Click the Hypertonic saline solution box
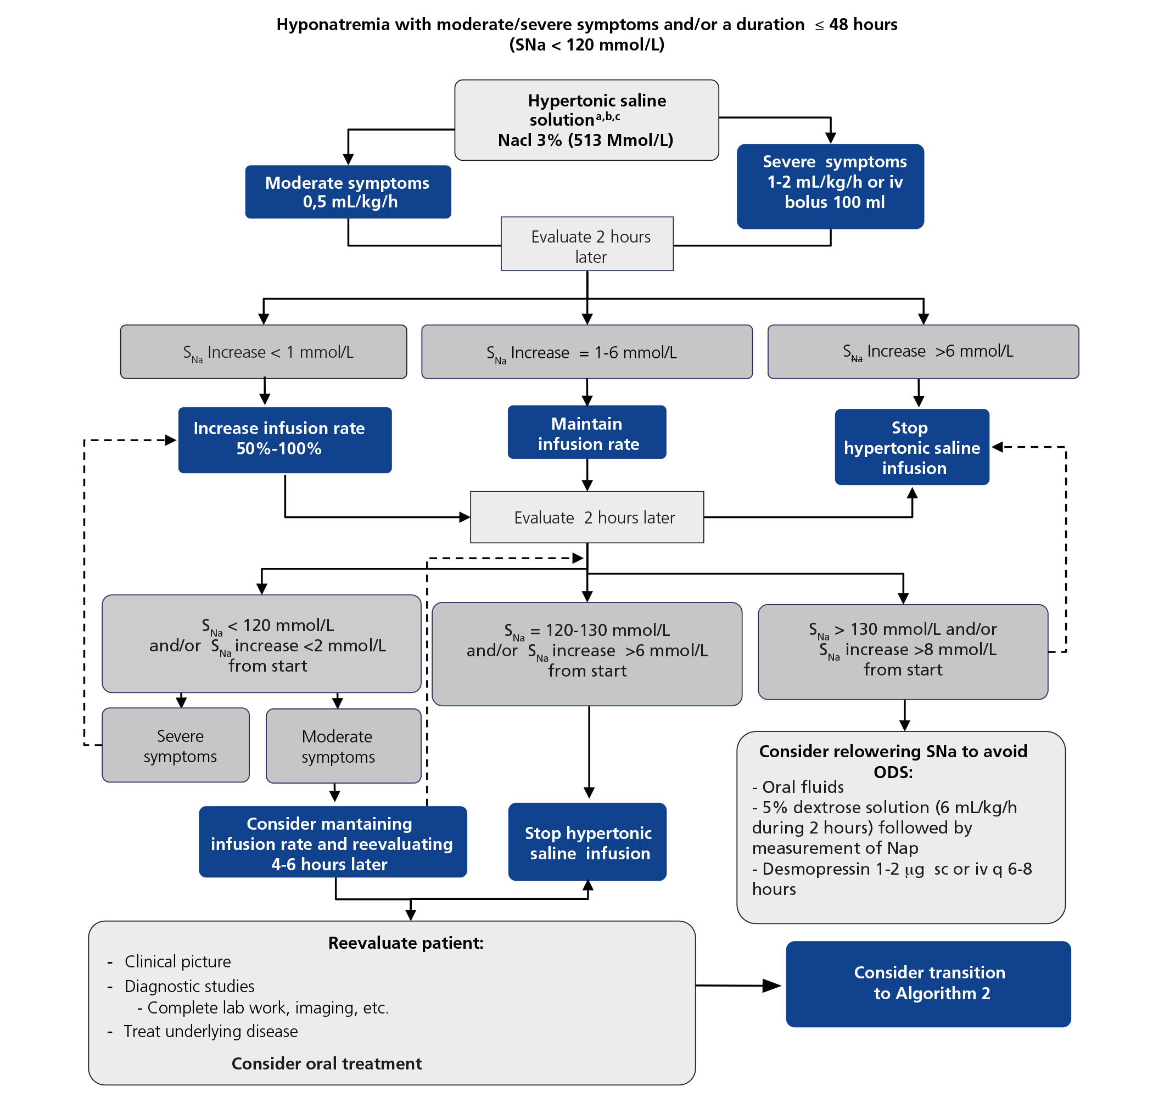pyautogui.click(x=586, y=120)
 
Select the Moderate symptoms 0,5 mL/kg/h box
pyautogui.click(x=348, y=192)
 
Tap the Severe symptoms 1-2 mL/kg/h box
pyautogui.click(x=830, y=186)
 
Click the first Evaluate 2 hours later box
pyautogui.click(x=587, y=244)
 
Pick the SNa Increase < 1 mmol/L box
pyautogui.click(x=264, y=352)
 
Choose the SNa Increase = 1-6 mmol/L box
pyautogui.click(x=587, y=352)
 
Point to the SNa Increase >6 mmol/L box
pyautogui.click(x=923, y=352)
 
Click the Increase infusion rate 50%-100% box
pyautogui.click(x=284, y=440)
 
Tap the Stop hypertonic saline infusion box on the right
pyautogui.click(x=911, y=447)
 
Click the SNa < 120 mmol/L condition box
pyautogui.click(x=261, y=644)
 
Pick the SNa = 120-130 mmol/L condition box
pyautogui.click(x=587, y=654)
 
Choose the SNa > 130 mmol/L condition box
pyautogui.click(x=902, y=651)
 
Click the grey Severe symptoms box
pyautogui.click(x=176, y=745)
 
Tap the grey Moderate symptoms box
pyautogui.click(x=343, y=746)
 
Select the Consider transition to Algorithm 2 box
pyautogui.click(x=928, y=984)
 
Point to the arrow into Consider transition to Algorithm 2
pyautogui.click(x=770, y=986)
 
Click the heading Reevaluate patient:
pyautogui.click(x=405, y=943)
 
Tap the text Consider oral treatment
pyautogui.click(x=326, y=1063)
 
